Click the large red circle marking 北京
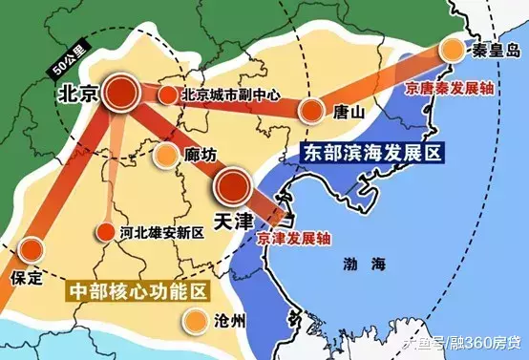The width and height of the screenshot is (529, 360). tap(120, 93)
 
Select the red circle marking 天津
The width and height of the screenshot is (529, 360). tap(232, 184)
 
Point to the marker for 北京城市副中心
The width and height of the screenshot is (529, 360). tap(168, 95)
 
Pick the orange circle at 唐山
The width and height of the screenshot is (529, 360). tap(311, 111)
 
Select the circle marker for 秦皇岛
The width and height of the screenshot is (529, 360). tap(451, 51)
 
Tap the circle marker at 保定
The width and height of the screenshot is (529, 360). tap(32, 252)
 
